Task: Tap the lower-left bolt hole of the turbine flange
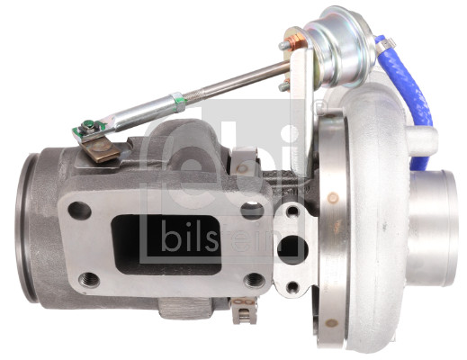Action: [88, 278]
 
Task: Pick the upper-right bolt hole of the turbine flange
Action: [252, 211]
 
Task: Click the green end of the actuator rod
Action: [88, 128]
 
